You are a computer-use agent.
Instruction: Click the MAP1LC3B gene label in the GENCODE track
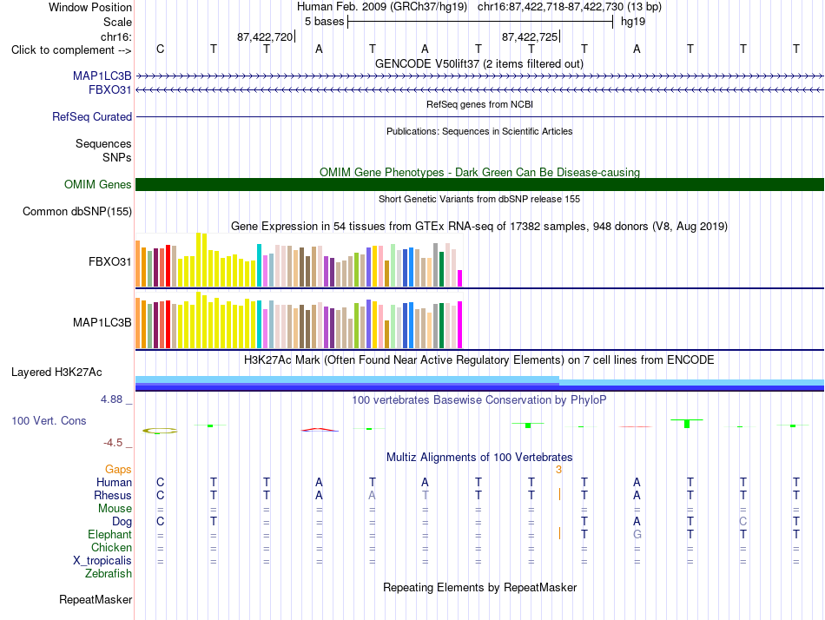tap(102, 76)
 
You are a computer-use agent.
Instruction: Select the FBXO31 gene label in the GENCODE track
tap(110, 89)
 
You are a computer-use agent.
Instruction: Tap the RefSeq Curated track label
tap(92, 117)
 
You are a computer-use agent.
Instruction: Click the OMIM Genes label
tap(98, 184)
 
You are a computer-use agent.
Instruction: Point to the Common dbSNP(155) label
tap(77, 212)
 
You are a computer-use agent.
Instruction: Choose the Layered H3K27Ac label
tap(56, 373)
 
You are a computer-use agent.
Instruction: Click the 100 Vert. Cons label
tap(49, 420)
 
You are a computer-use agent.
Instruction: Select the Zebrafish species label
tap(109, 574)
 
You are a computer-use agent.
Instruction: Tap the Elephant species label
tap(110, 534)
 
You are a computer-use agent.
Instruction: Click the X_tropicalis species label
tap(102, 561)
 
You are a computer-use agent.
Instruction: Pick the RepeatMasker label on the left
tap(96, 599)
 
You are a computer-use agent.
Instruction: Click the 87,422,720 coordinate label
tap(265, 36)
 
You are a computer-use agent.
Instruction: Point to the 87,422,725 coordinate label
tap(530, 36)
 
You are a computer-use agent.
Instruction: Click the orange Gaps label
tap(118, 469)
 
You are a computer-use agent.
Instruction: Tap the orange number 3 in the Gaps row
tap(558, 469)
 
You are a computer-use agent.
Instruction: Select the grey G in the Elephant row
tap(637, 534)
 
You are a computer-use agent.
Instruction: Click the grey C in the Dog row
tap(742, 521)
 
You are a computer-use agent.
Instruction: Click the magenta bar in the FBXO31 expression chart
tap(460, 279)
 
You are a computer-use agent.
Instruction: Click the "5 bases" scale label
tap(324, 22)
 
